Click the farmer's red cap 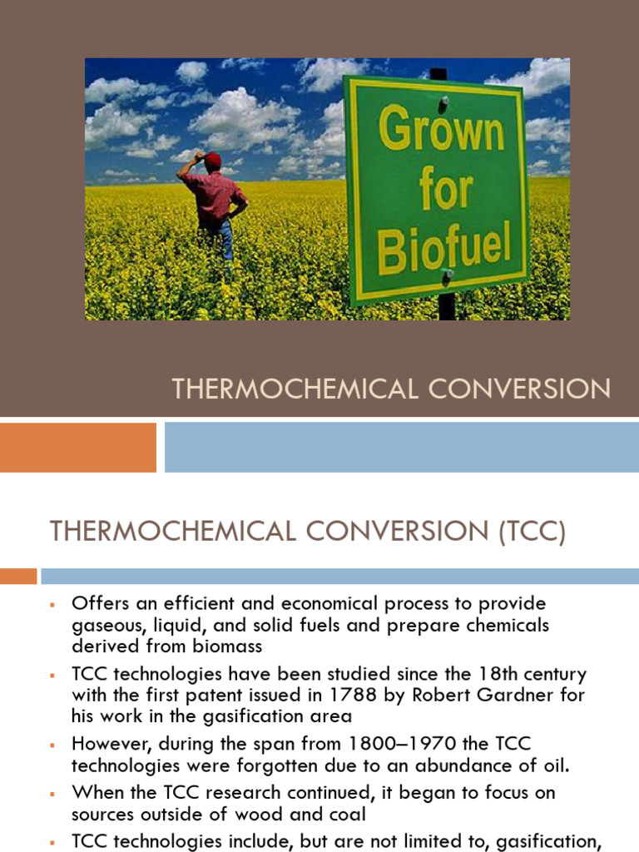[213, 158]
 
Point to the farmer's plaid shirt [215, 196]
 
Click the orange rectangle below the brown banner [77, 448]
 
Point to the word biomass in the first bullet [225, 646]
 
